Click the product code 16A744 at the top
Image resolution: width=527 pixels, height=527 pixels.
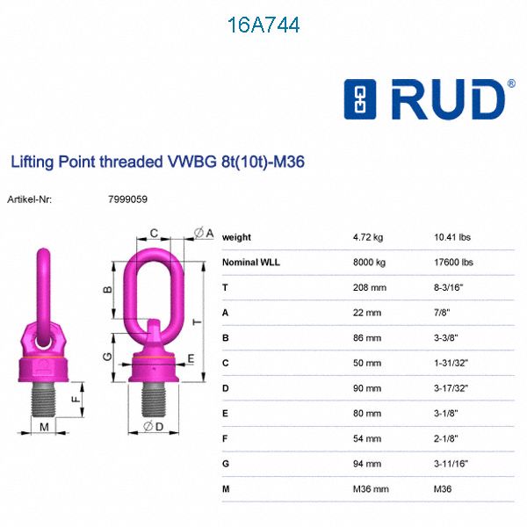(x=263, y=25)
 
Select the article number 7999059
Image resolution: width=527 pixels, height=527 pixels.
(x=127, y=199)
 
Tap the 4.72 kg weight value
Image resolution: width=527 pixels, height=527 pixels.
(x=367, y=237)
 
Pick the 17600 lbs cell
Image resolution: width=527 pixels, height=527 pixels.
(x=454, y=262)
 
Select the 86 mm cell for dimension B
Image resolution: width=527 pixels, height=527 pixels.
(x=367, y=337)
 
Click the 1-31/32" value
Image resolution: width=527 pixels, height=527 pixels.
(x=451, y=363)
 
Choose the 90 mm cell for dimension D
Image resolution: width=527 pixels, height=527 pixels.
(x=367, y=387)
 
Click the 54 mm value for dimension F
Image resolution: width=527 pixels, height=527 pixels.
(x=367, y=438)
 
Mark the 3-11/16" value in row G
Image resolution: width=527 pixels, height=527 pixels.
(x=451, y=463)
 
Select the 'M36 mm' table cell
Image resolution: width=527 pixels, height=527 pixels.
(x=370, y=488)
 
